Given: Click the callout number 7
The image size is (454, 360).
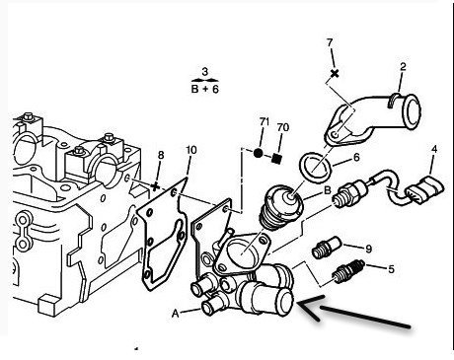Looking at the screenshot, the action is [330, 42].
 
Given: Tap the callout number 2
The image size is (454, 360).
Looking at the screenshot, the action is [403, 67].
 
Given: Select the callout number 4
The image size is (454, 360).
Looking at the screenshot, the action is [434, 149].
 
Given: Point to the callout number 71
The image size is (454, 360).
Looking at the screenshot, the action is [265, 121].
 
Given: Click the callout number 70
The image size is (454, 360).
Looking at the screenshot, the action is [283, 127].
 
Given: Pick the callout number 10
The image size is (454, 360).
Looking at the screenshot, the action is [191, 150].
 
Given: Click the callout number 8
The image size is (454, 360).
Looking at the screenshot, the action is [161, 155].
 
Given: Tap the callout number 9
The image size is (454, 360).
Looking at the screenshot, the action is [368, 249].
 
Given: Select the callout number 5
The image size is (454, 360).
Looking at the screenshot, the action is [391, 269].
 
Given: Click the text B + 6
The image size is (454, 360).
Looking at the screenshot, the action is [204, 89].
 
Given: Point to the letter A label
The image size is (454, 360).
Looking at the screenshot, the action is [176, 314].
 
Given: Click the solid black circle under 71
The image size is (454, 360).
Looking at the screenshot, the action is [259, 153].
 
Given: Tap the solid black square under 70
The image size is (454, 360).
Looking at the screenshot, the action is [277, 159].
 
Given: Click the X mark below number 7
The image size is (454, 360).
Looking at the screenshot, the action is [335, 73].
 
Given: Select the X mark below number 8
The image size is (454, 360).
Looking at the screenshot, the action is [155, 186].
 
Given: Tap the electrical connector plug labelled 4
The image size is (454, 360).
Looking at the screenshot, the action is [424, 189].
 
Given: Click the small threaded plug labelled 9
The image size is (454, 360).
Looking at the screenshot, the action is [326, 248].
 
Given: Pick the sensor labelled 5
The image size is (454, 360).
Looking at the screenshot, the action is [348, 271].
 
